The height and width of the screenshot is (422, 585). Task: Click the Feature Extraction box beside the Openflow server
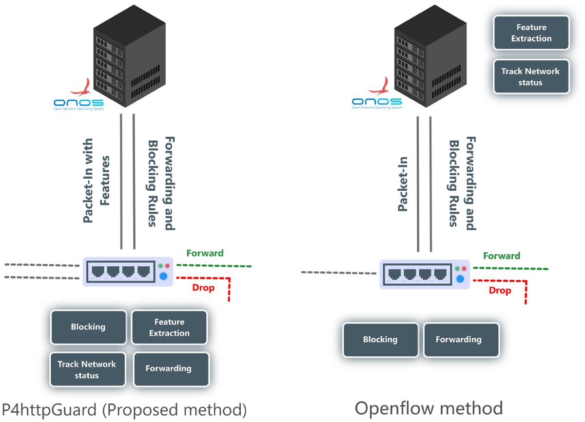click(x=531, y=33)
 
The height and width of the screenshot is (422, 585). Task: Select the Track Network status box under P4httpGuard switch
click(x=87, y=369)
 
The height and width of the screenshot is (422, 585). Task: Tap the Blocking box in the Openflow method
click(x=380, y=340)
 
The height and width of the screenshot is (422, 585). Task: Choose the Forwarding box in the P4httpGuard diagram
click(x=169, y=368)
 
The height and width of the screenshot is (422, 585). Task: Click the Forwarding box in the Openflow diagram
click(x=458, y=340)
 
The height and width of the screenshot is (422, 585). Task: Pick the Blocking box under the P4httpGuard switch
click(x=88, y=327)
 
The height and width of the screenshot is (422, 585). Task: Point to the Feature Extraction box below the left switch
click(x=169, y=327)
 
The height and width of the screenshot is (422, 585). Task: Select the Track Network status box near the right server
click(x=531, y=76)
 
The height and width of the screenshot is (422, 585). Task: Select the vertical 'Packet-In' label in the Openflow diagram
click(x=403, y=184)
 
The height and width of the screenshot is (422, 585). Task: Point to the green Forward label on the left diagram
click(x=205, y=253)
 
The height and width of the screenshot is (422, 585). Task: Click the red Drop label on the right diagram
click(x=500, y=291)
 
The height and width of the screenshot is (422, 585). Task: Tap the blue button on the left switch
click(x=164, y=277)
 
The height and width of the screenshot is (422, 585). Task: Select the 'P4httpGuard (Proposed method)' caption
click(x=124, y=408)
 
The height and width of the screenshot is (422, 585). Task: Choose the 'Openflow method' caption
click(x=429, y=407)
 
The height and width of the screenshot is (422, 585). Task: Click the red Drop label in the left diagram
click(x=203, y=288)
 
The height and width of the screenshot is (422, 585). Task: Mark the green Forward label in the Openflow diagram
click(x=502, y=256)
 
